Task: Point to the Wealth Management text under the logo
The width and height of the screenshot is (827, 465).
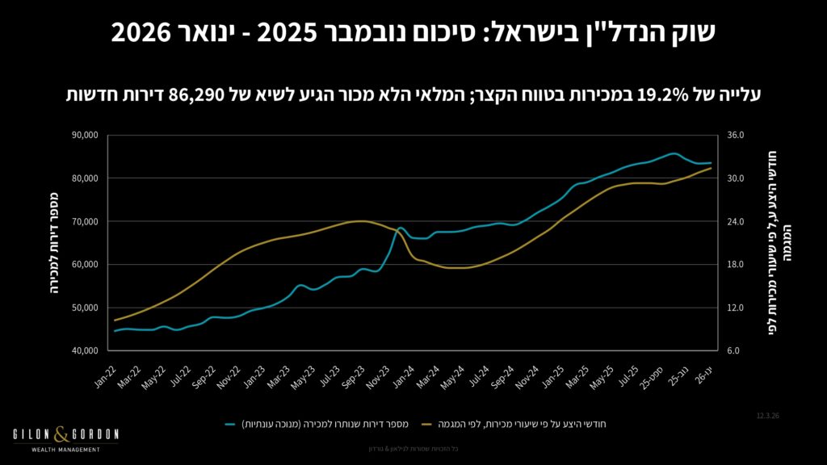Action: [x=65, y=450]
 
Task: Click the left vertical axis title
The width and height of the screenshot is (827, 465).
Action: [x=53, y=243]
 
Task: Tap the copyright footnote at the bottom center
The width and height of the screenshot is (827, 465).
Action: [x=413, y=449]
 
